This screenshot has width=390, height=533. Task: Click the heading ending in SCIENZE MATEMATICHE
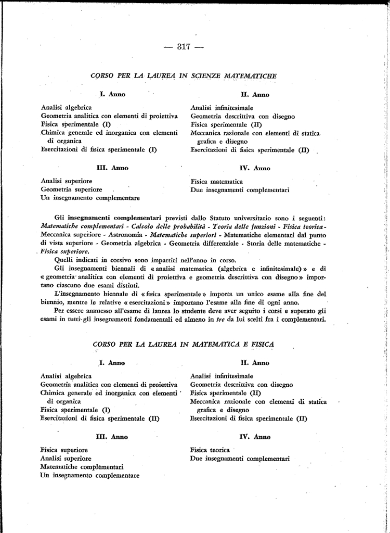tap(184, 75)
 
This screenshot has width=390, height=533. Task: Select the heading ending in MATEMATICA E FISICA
tap(184, 344)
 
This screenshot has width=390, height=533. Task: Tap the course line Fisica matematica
tap(216, 182)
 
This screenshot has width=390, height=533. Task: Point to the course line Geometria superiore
tap(71, 189)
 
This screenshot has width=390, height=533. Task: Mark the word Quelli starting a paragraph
tap(63, 260)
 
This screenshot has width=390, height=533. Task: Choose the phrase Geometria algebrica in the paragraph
tap(131, 243)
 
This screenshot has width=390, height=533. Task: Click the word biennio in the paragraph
tap(52, 302)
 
